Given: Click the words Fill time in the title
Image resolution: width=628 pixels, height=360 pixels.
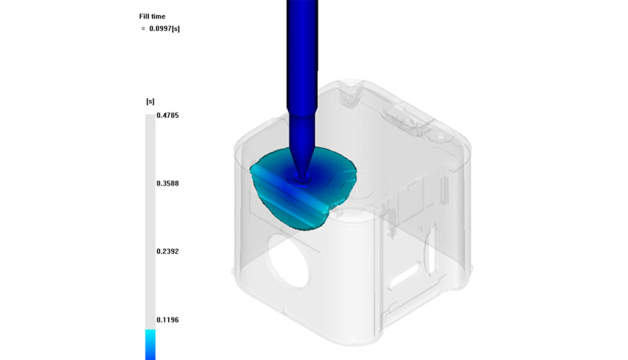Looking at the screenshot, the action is [152, 17].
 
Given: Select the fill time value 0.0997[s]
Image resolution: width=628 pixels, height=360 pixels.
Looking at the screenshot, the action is [164, 29].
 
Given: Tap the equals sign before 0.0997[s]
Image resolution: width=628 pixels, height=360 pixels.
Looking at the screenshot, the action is [143, 29].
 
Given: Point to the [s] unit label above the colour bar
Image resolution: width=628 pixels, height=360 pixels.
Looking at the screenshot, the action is [150, 102].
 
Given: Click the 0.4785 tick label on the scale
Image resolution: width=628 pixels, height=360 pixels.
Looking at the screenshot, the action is [167, 115].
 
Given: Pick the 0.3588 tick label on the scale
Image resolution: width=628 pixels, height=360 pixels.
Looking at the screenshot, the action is [167, 183].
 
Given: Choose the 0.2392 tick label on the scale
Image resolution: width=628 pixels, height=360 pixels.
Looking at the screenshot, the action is [167, 251].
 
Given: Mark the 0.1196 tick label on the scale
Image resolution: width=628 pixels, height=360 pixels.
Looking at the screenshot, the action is [167, 319].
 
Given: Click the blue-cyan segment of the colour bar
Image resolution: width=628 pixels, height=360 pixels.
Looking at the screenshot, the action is [150, 344].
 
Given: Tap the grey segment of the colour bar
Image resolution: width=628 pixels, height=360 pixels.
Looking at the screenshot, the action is [150, 222].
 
